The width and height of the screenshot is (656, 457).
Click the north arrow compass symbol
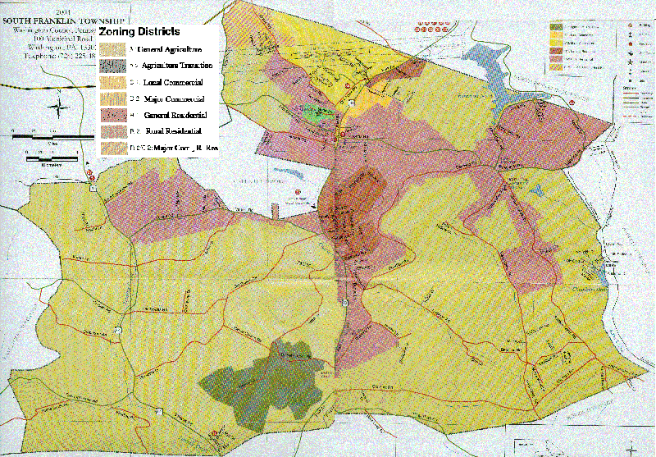(59, 105)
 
